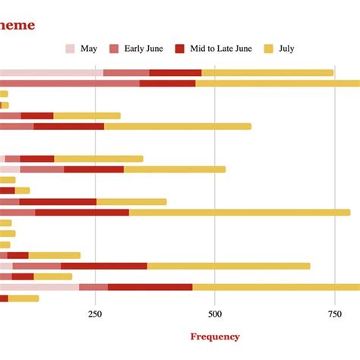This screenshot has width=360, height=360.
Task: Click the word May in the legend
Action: click(x=88, y=49)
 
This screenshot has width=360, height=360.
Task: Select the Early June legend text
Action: click(x=144, y=49)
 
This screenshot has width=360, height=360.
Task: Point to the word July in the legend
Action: click(x=286, y=49)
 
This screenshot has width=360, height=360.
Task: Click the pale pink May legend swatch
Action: click(x=71, y=49)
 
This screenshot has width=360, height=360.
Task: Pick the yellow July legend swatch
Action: click(x=268, y=49)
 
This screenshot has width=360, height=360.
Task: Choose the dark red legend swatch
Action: click(x=180, y=49)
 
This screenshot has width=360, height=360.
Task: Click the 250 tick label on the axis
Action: click(x=95, y=314)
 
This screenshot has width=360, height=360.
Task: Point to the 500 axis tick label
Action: click(x=215, y=314)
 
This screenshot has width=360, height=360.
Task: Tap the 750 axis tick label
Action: click(x=335, y=314)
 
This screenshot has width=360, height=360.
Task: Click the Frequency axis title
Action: click(x=215, y=336)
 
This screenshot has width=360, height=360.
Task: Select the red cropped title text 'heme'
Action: click(x=17, y=25)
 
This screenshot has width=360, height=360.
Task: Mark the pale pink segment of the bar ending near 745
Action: click(x=50, y=73)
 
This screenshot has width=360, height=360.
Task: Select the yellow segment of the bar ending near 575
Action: click(x=178, y=126)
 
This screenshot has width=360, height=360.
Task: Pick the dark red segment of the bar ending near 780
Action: click(x=82, y=213)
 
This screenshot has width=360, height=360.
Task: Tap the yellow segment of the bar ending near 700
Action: click(x=229, y=266)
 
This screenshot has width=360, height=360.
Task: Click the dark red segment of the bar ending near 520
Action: click(x=93, y=169)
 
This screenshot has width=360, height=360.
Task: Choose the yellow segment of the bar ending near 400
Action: click(x=131, y=202)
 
